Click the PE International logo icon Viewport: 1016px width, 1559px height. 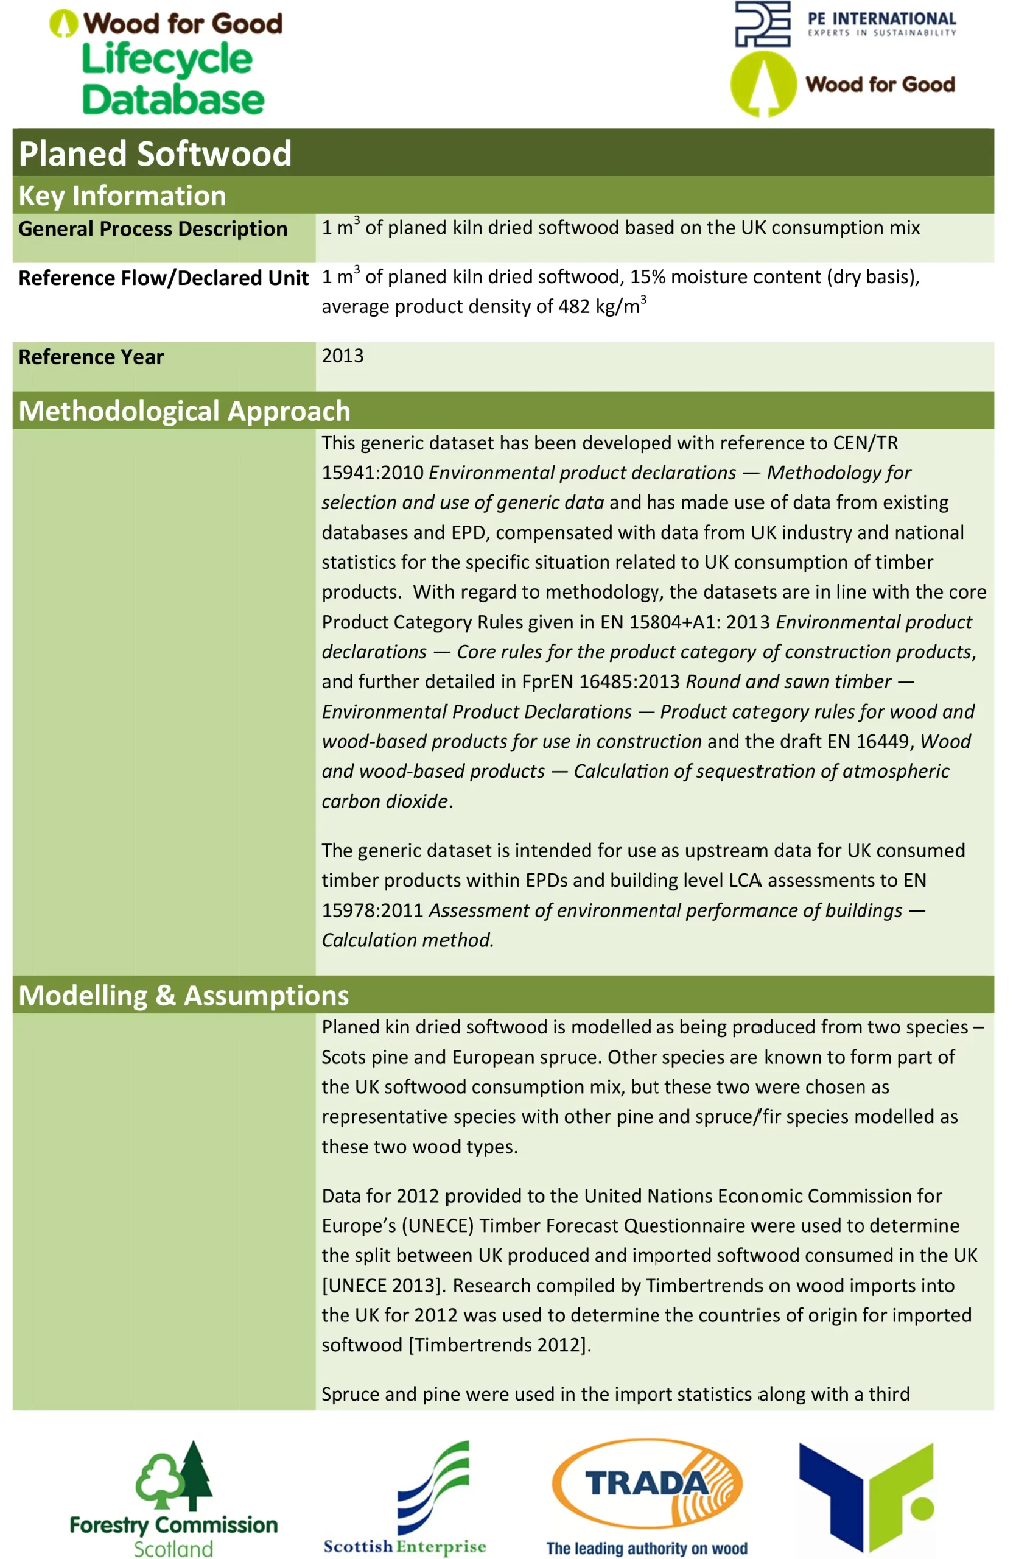[762, 24]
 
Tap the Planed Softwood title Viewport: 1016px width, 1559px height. [155, 154]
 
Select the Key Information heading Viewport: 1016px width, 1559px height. [122, 196]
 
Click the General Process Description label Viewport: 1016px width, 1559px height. [153, 228]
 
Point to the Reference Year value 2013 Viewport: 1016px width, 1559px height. [342, 356]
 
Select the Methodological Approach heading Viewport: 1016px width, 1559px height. [184, 411]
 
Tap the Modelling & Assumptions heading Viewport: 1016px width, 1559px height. [183, 995]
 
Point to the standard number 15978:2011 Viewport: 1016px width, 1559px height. [372, 910]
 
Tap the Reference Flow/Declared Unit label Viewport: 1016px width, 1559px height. [163, 278]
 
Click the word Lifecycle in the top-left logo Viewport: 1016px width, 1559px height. [167, 60]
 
